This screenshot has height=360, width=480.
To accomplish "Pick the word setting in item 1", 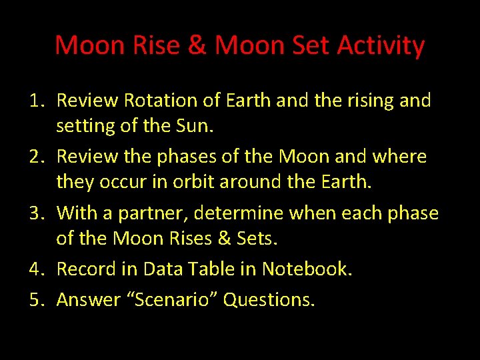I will click(x=82, y=125).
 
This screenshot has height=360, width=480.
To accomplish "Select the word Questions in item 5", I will click(x=269, y=300).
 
